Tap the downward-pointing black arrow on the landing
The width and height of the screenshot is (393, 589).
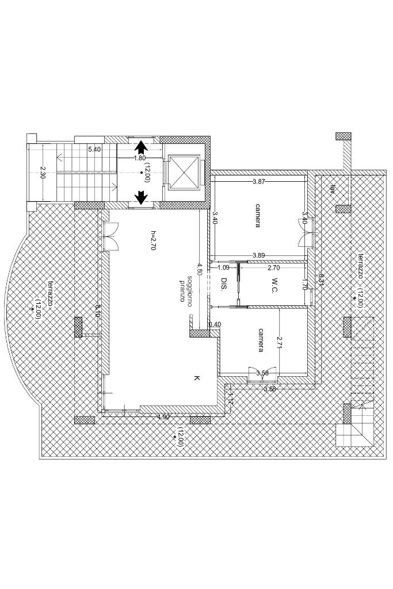tap(140, 198)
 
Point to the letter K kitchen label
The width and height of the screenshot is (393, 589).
tap(196, 378)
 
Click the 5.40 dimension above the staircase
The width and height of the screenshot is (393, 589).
tap(94, 150)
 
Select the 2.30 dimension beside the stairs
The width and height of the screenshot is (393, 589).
tap(43, 173)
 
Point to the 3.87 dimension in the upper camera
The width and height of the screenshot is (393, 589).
tap(259, 182)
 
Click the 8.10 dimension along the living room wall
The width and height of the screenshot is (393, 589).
tap(98, 311)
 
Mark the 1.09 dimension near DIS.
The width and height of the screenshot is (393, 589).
tap(223, 267)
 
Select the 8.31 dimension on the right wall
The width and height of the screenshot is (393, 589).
tap(321, 279)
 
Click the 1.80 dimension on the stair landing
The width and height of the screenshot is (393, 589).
tap(139, 158)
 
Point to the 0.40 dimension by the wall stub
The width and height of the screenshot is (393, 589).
tap(214, 324)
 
